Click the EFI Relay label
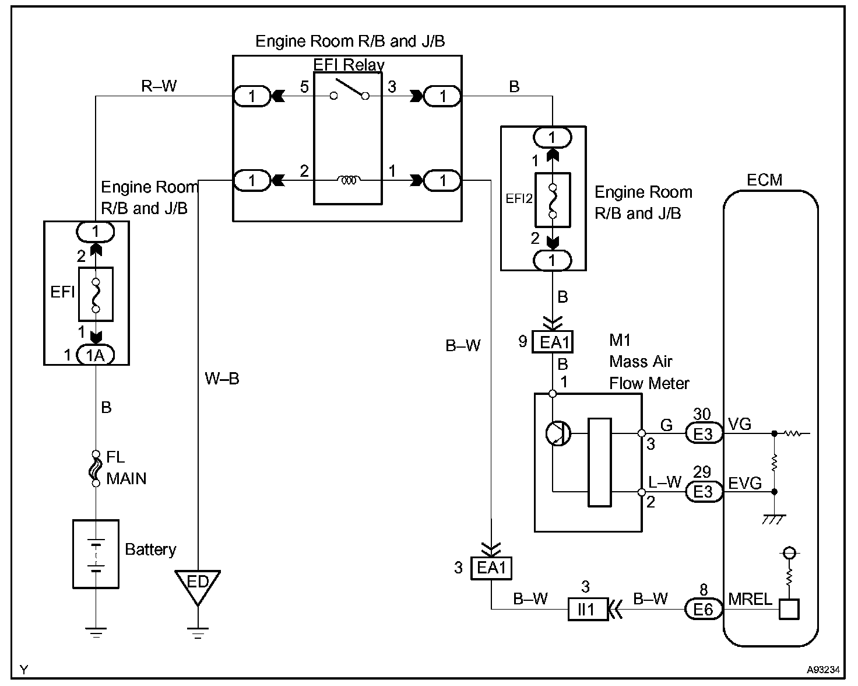click(x=349, y=65)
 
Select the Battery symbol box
click(x=96, y=554)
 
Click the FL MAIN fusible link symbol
click(x=96, y=468)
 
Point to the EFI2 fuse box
click(x=553, y=200)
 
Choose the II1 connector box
click(x=588, y=610)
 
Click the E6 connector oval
click(x=704, y=610)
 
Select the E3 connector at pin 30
click(x=704, y=433)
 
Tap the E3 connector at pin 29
click(x=704, y=492)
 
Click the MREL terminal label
click(x=750, y=600)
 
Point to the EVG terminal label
click(x=745, y=483)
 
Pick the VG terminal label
click(x=740, y=424)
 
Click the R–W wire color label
click(x=159, y=86)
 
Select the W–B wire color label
click(x=222, y=379)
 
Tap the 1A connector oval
click(x=95, y=355)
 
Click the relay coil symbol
click(x=349, y=180)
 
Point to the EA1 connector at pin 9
click(x=553, y=342)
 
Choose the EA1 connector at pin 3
click(x=491, y=568)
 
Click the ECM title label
click(x=764, y=180)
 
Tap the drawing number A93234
click(x=823, y=670)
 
